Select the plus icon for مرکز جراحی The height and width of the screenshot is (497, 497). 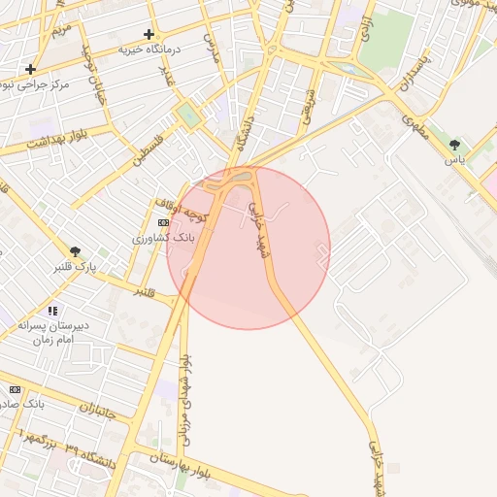point(31,69)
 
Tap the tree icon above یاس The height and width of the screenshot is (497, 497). point(454,146)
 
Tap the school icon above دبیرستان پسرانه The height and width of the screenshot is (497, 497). point(52,311)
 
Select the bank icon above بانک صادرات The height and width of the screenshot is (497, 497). point(15,388)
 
